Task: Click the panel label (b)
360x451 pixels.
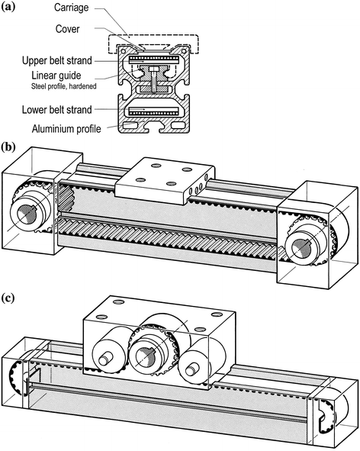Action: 11,147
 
